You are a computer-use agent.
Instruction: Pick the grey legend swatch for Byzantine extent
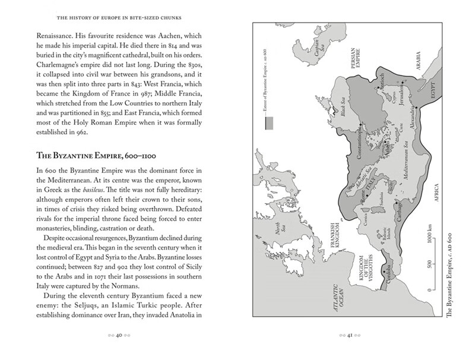pos(269,123)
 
